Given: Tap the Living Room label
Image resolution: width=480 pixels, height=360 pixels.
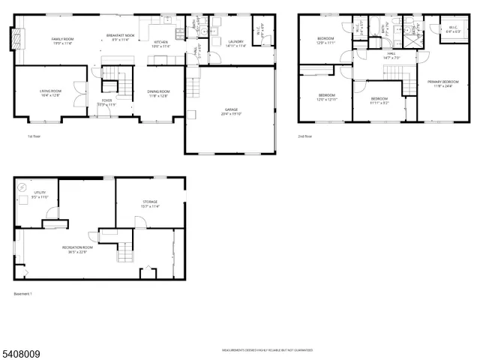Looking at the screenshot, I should tap(50, 93).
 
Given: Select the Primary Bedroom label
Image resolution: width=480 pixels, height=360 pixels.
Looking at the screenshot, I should tap(443, 82).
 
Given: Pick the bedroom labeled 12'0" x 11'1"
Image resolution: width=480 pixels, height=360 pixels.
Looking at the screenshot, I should tap(325, 40).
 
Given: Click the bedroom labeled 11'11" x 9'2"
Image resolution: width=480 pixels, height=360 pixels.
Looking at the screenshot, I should tap(379, 100).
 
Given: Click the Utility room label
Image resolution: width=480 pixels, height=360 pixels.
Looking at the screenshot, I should tap(40, 194).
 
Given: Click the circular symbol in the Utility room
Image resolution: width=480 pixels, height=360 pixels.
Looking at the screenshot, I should tap(21, 187).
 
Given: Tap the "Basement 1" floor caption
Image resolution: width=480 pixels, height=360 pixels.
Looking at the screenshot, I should tap(23, 293).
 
